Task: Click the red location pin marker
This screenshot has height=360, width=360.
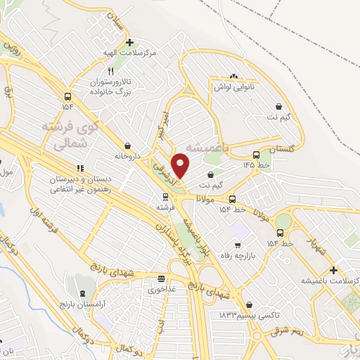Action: [x=181, y=165]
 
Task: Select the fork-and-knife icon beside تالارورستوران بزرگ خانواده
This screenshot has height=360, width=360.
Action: [x=110, y=72]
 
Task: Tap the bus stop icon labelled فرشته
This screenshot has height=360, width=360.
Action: [x=161, y=198]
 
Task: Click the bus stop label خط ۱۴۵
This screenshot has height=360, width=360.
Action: [x=257, y=165]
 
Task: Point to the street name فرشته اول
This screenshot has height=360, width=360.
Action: [x=44, y=201]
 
